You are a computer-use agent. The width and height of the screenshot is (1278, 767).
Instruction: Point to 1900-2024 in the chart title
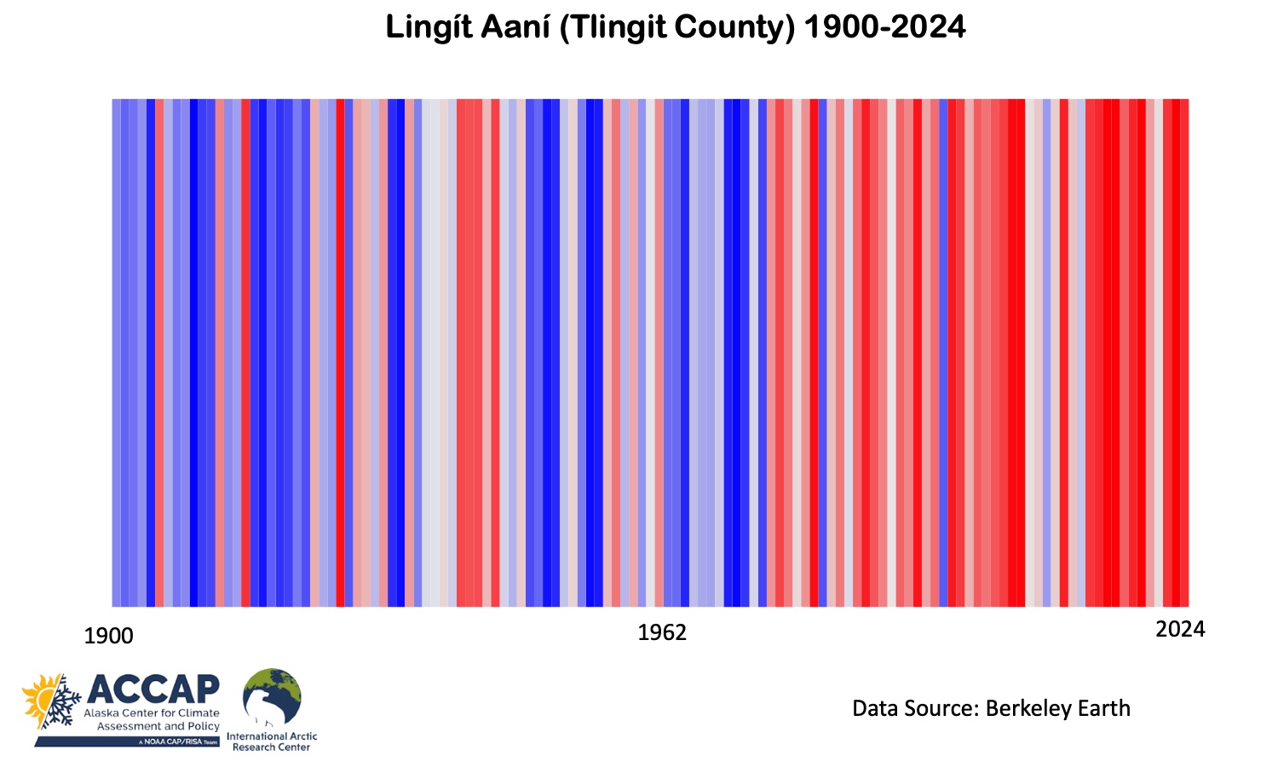pyautogui.click(x=884, y=28)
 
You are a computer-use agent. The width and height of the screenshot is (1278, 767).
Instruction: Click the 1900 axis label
pyautogui.click(x=109, y=636)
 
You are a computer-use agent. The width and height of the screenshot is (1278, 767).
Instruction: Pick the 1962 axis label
pyautogui.click(x=662, y=632)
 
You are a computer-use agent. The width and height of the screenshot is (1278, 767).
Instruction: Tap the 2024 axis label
pyautogui.click(x=1180, y=629)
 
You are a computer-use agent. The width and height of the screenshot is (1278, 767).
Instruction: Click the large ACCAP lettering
pyautogui.click(x=153, y=689)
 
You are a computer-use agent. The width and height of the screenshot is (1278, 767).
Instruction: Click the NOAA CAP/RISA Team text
pyautogui.click(x=178, y=742)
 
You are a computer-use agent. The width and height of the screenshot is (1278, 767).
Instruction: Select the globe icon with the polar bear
pyautogui.click(x=272, y=697)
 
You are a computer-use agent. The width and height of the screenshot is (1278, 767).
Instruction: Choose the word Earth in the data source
pyautogui.click(x=1103, y=708)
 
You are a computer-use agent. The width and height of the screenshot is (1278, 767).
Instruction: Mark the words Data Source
pyautogui.click(x=915, y=708)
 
